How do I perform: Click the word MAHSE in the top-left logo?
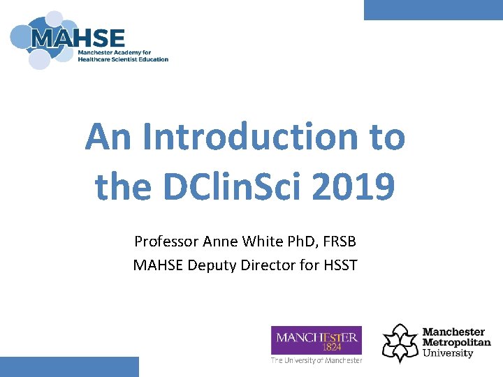pos(78,38)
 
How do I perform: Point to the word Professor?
pos(166,242)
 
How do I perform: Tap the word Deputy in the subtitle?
pos(210,265)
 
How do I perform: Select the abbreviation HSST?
pos(340,265)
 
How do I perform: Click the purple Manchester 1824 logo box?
pos(316,340)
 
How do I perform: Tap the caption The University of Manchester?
pos(316,360)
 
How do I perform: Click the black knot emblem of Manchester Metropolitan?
pos(400,342)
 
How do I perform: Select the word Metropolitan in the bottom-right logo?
pos(456,342)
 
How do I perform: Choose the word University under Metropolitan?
pos(448,353)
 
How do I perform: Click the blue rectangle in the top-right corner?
pos(433,10)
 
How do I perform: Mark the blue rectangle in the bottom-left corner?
pos(69,367)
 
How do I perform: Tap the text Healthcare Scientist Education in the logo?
pos(123,59)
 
